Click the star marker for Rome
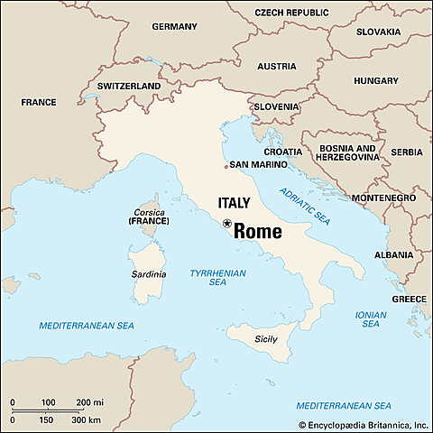pos(227,223)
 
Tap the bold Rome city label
pos(258,231)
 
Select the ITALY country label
pos(233,203)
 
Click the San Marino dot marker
pos(226,166)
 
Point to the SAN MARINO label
pos(259,165)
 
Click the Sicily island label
pos(265,339)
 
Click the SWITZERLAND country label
pos(128,87)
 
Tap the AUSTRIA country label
pos(276,67)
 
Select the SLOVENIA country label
pos(275,106)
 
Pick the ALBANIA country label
pos(393,255)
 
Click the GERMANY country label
pos(174,27)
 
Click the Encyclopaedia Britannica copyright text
pos(363,423)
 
